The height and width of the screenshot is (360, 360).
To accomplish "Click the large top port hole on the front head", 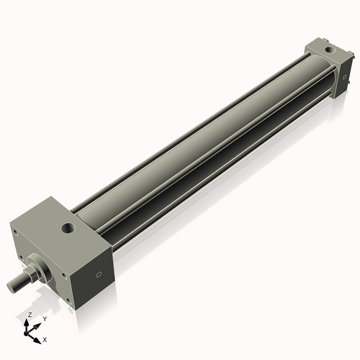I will pos(69,229).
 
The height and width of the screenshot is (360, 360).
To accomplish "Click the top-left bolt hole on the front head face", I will pos(14,231).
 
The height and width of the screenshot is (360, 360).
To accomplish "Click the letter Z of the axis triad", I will pos(28,315).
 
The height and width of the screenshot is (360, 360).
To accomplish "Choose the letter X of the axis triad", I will pos(45,338).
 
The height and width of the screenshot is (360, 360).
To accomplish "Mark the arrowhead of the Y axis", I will pos(37,324).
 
